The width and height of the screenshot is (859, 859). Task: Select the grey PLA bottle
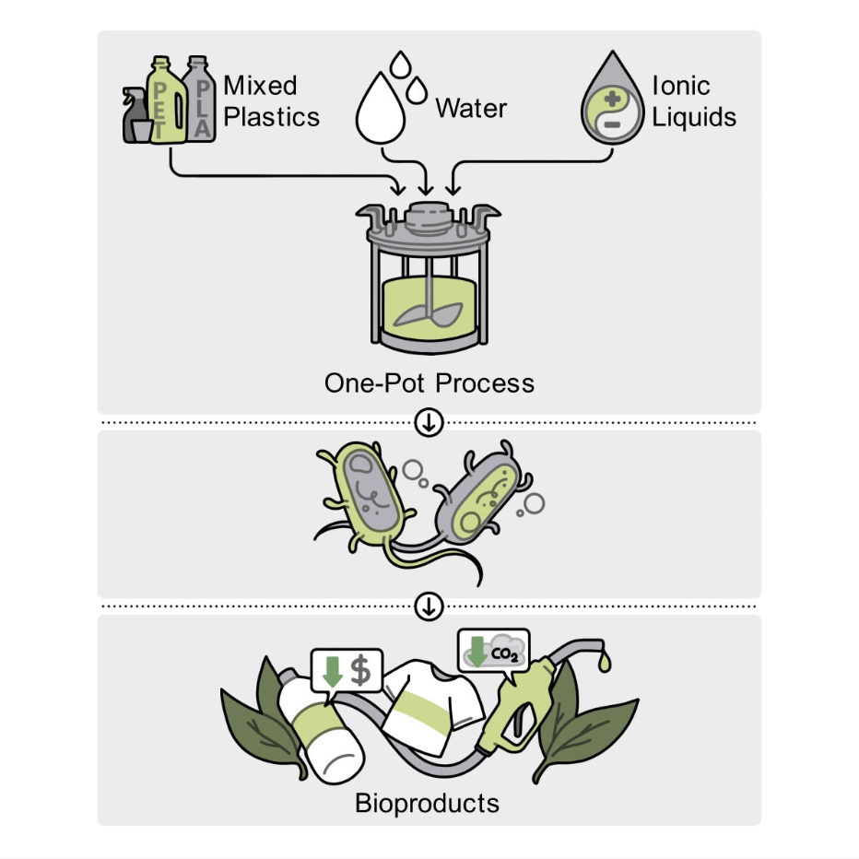pyautogui.click(x=199, y=100)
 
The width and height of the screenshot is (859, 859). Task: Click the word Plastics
pyautogui.click(x=271, y=117)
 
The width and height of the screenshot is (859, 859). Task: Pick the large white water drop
pyautogui.click(x=381, y=110)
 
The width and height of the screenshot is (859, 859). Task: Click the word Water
pyautogui.click(x=471, y=109)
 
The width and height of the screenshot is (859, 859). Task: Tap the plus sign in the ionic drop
pyautogui.click(x=613, y=100)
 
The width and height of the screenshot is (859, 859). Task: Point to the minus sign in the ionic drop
pyautogui.click(x=612, y=124)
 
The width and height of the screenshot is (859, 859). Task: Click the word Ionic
pyautogui.click(x=681, y=86)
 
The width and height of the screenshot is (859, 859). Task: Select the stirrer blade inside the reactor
pyautogui.click(x=429, y=314)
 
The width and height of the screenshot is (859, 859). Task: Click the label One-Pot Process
pyautogui.click(x=429, y=382)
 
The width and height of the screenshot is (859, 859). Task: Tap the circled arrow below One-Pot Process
pyautogui.click(x=429, y=422)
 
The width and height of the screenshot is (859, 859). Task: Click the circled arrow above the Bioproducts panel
pyautogui.click(x=429, y=606)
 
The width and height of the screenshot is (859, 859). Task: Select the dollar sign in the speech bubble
pyautogui.click(x=360, y=671)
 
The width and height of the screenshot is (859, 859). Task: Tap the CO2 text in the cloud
pyautogui.click(x=504, y=653)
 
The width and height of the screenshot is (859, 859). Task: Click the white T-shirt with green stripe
pyautogui.click(x=433, y=706)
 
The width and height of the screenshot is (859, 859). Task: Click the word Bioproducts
pyautogui.click(x=428, y=803)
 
